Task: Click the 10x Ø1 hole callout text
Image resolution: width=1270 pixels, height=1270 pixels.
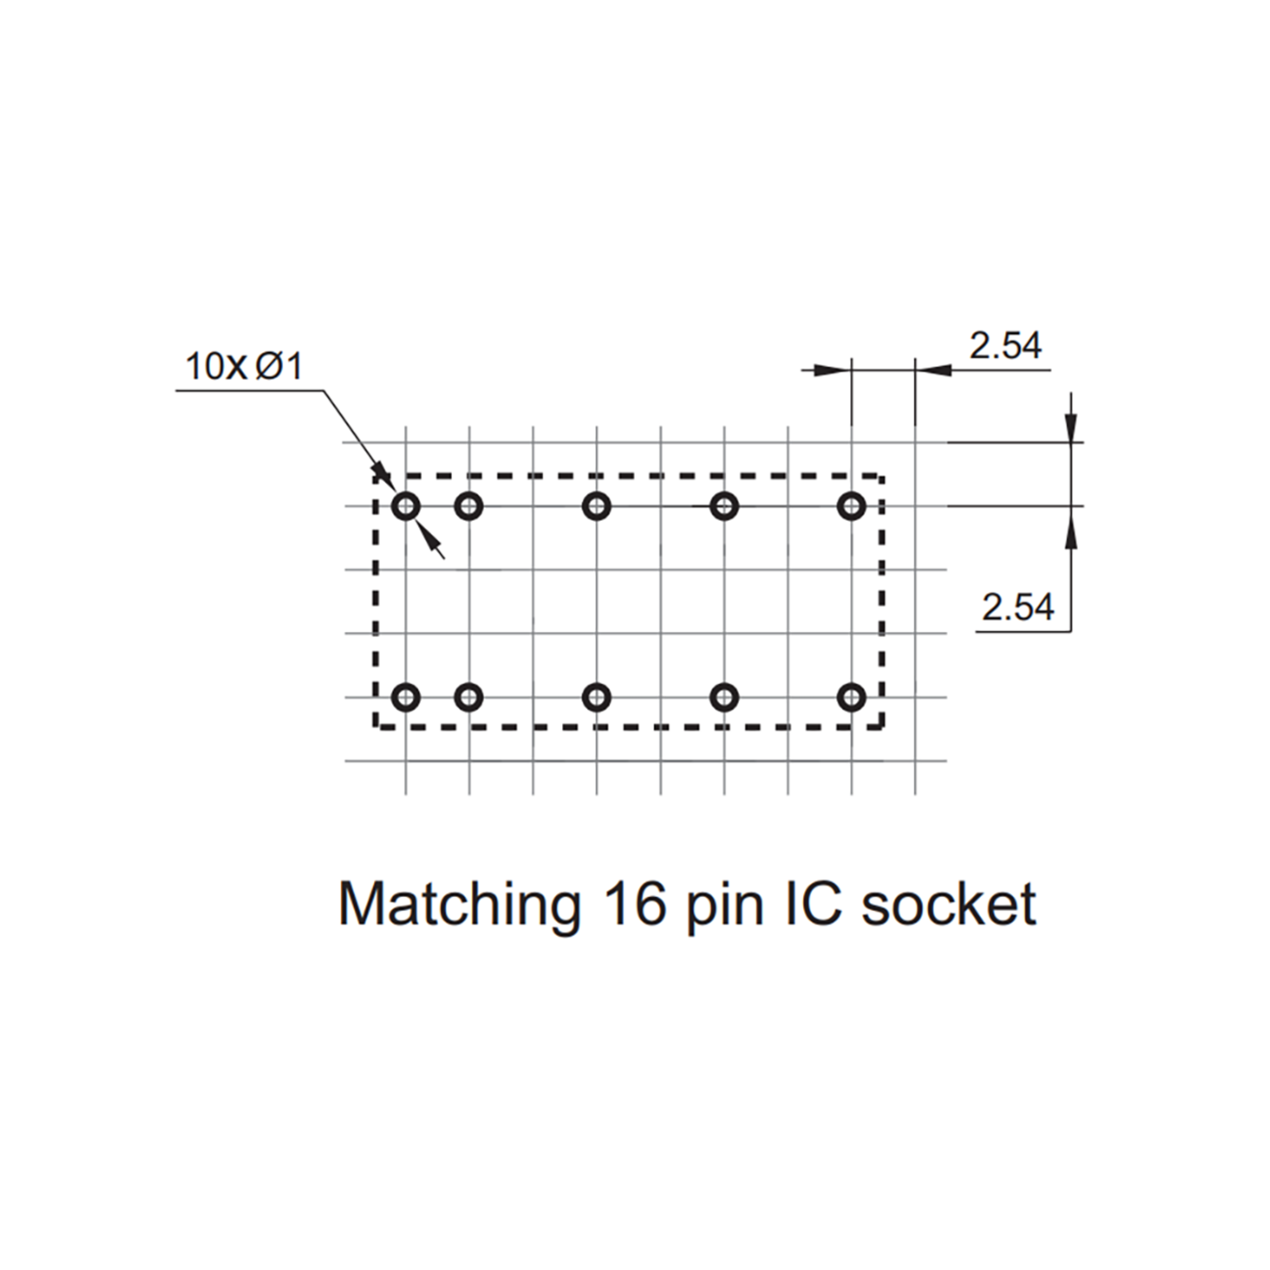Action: pos(244,366)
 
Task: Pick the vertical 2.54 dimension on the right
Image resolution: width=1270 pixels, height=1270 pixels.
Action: pos(1018,607)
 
